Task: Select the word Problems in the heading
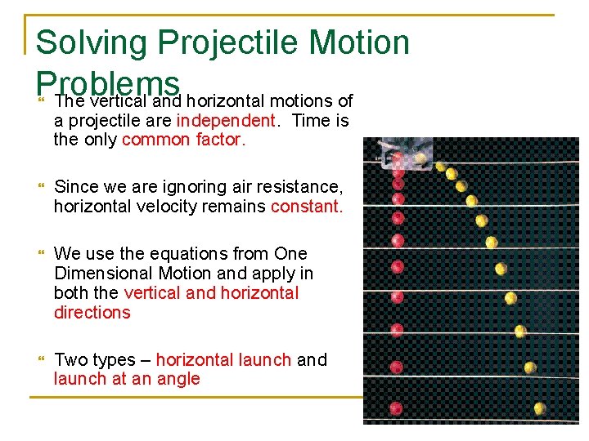tap(108, 80)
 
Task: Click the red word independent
tap(226, 121)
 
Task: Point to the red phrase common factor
tap(183, 140)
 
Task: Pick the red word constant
tap(307, 207)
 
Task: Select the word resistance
tap(297, 187)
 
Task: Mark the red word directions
tap(92, 313)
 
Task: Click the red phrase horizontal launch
tap(223, 360)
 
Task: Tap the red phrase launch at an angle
tap(127, 379)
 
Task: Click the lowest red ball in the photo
tap(397, 408)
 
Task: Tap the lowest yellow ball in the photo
tap(539, 408)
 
